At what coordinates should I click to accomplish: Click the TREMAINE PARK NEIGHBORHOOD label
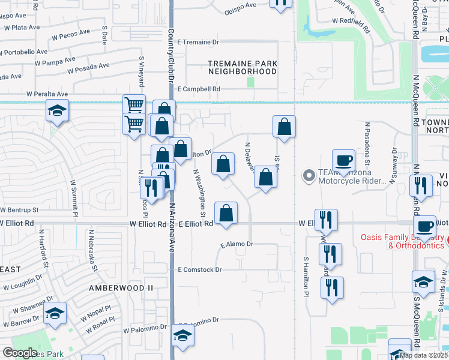click(x=243, y=67)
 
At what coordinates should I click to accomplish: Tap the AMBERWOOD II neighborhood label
click(x=112, y=288)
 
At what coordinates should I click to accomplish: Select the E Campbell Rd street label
click(x=199, y=89)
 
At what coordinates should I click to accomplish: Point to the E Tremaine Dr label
click(x=199, y=43)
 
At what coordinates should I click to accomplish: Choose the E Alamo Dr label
click(x=237, y=245)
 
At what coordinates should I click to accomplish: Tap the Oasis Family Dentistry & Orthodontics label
click(x=403, y=241)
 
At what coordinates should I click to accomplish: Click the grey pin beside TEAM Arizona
click(x=309, y=176)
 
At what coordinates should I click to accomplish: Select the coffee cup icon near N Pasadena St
click(x=343, y=160)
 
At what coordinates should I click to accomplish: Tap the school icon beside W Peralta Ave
click(x=57, y=110)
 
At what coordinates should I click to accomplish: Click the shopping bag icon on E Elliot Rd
click(x=226, y=213)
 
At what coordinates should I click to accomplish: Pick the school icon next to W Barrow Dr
click(x=55, y=313)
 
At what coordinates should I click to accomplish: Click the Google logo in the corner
click(x=20, y=353)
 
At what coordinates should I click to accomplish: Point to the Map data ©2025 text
click(x=423, y=355)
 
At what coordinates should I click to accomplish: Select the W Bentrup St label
click(x=19, y=211)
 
